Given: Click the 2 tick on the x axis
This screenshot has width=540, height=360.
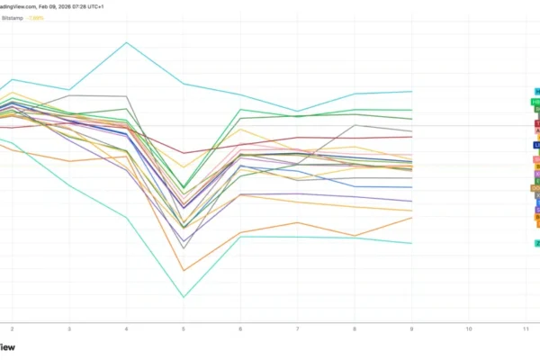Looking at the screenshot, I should [12, 329].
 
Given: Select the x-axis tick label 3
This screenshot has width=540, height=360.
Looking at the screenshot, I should [69, 329].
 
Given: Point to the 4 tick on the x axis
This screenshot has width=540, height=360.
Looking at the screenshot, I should [126, 329].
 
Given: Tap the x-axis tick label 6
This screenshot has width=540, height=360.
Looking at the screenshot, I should [240, 329].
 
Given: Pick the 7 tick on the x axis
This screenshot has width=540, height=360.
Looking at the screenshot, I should [298, 329].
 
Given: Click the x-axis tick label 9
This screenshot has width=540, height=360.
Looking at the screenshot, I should [412, 329].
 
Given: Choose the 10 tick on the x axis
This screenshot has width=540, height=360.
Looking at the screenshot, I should [469, 329].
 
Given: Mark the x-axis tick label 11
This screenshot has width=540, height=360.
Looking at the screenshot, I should [526, 329].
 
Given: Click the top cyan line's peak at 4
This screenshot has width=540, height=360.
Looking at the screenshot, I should [126, 42].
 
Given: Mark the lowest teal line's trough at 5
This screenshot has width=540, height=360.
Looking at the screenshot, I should [184, 297].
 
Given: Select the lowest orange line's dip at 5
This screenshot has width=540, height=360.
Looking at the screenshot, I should [184, 270].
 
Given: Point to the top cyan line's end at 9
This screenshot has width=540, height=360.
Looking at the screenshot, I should [412, 91].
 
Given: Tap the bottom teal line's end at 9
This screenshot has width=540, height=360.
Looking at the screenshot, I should [412, 243].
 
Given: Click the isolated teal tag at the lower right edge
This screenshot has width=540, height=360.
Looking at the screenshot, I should [537, 243].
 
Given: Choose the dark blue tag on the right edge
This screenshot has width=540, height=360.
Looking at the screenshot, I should [537, 144].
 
